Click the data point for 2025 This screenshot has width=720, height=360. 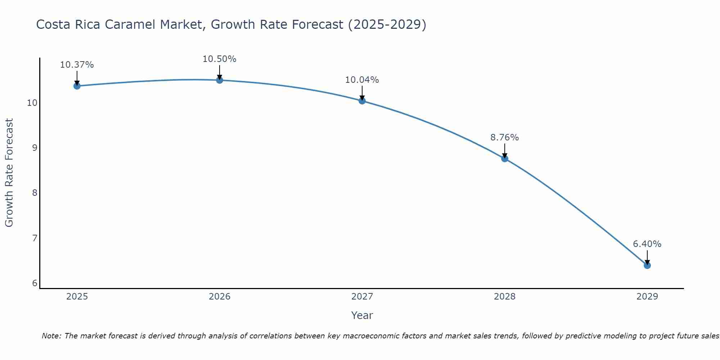point(77,86)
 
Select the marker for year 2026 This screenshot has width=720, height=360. point(219,80)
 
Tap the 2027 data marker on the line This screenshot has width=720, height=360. point(362,101)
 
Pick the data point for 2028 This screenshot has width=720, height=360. point(504,158)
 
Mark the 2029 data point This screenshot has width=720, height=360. point(647,265)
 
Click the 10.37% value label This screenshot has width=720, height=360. point(77,65)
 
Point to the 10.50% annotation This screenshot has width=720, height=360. point(219,59)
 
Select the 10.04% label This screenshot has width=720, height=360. point(362,80)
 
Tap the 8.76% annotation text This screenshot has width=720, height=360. point(504,138)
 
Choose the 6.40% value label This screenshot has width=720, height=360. point(647,244)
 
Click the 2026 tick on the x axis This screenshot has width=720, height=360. point(220,297)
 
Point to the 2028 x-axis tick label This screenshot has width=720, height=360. point(504,297)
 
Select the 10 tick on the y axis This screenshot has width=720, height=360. point(32,103)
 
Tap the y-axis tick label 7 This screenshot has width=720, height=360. point(35,238)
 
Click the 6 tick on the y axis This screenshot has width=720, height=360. point(35,283)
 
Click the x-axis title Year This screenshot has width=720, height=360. point(362,315)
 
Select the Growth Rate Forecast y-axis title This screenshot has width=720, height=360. point(9,173)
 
